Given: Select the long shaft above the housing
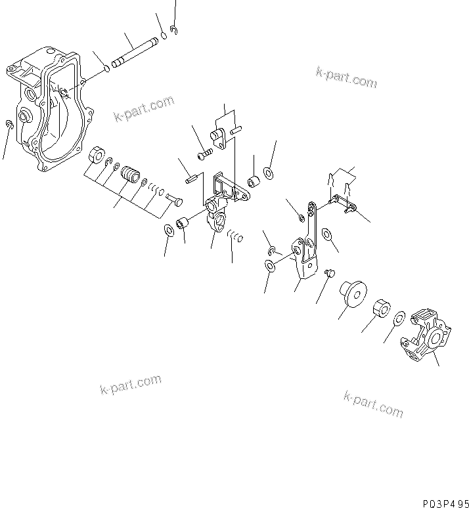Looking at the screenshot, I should tap(135, 51).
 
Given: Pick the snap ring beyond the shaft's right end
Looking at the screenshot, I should tap(173, 30).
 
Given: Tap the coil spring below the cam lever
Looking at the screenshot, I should tap(235, 234).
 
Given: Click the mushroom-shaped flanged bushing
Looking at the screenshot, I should tap(353, 292).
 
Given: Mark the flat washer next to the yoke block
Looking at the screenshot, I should tap(398, 319).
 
